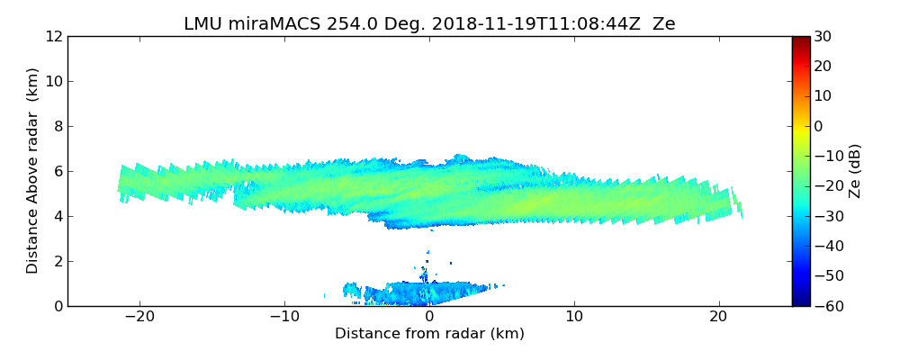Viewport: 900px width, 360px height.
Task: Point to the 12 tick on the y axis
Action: [x=53, y=36]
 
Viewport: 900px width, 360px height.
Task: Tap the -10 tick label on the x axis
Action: [x=284, y=317]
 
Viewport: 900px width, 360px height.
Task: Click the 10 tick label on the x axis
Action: [x=574, y=317]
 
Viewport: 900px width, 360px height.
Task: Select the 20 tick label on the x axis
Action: [x=718, y=317]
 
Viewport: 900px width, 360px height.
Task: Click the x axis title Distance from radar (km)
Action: [x=429, y=334]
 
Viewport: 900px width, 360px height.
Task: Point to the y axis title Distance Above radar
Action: [x=33, y=171]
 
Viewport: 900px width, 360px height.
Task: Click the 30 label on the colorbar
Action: [x=822, y=36]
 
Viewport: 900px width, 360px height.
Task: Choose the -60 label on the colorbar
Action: [x=825, y=306]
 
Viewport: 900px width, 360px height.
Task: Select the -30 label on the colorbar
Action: [x=825, y=216]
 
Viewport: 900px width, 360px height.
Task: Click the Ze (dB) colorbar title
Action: [x=855, y=171]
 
